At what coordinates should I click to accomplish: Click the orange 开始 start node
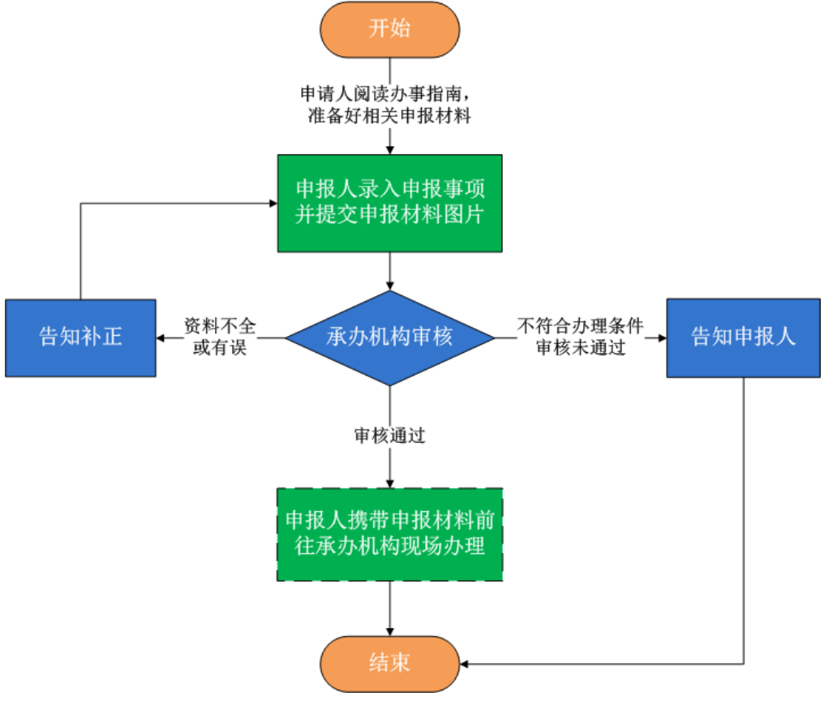[x=390, y=29]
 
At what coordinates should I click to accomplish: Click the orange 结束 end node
[x=390, y=663]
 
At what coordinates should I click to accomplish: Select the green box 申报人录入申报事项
[x=390, y=203]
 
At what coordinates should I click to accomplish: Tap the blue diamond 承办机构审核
[x=390, y=337]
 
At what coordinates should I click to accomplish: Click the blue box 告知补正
[x=80, y=338]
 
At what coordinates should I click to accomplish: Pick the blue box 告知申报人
[x=744, y=338]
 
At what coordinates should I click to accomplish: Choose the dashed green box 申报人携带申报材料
[x=390, y=534]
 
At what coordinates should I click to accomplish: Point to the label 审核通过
[x=390, y=436]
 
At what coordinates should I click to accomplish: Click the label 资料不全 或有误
[x=220, y=337]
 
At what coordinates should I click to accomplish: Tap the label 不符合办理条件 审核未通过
[x=581, y=337]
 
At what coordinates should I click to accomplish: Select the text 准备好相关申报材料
[x=390, y=115]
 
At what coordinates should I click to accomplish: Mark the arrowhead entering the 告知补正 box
[x=161, y=338]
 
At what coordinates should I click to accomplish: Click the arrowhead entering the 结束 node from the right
[x=466, y=664]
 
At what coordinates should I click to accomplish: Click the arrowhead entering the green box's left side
[x=273, y=203]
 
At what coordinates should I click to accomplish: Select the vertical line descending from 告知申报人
[x=744, y=519]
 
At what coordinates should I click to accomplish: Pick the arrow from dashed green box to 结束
[x=390, y=609]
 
